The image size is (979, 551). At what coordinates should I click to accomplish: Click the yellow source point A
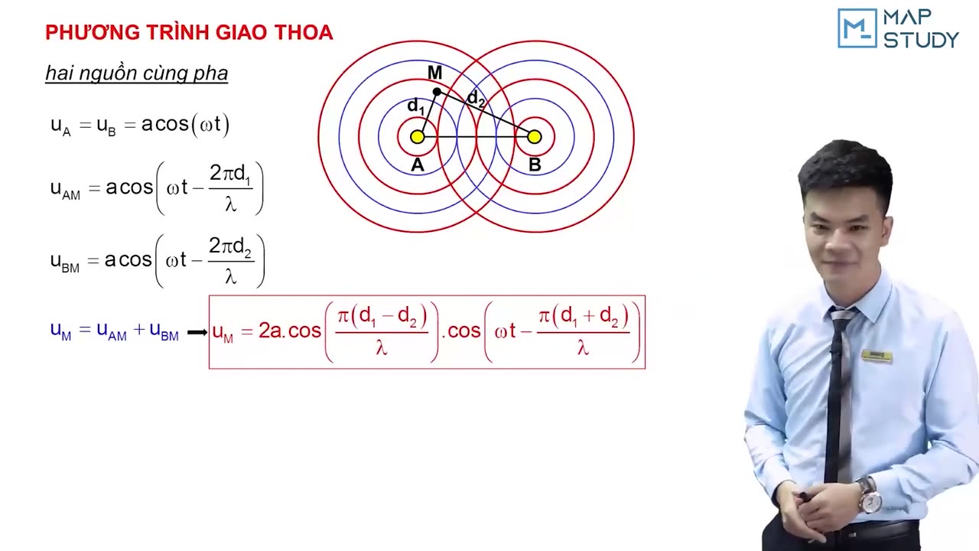click(x=417, y=137)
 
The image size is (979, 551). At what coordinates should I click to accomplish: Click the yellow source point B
click(x=535, y=137)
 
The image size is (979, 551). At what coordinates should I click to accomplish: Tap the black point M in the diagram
click(x=437, y=92)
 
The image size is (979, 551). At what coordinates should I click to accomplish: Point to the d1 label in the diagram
click(x=415, y=106)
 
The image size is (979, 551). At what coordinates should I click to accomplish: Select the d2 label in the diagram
click(x=476, y=98)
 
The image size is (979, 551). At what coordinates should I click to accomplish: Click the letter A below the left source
click(x=417, y=165)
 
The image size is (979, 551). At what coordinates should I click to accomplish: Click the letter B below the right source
click(x=535, y=165)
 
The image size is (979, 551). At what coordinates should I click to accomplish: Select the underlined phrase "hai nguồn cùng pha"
click(x=136, y=73)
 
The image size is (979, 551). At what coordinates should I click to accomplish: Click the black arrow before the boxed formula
click(x=197, y=332)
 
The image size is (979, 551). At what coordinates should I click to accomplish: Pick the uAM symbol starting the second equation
click(x=65, y=189)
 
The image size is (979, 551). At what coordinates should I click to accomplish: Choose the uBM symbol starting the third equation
click(x=65, y=261)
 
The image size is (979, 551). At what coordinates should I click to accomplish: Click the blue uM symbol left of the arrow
click(x=60, y=331)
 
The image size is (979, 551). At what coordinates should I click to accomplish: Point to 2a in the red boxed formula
click(x=270, y=331)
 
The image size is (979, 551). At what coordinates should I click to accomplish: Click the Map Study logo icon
click(x=856, y=28)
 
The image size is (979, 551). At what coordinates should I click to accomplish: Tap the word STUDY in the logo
click(x=921, y=39)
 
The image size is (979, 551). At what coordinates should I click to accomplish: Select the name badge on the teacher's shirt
click(x=877, y=354)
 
